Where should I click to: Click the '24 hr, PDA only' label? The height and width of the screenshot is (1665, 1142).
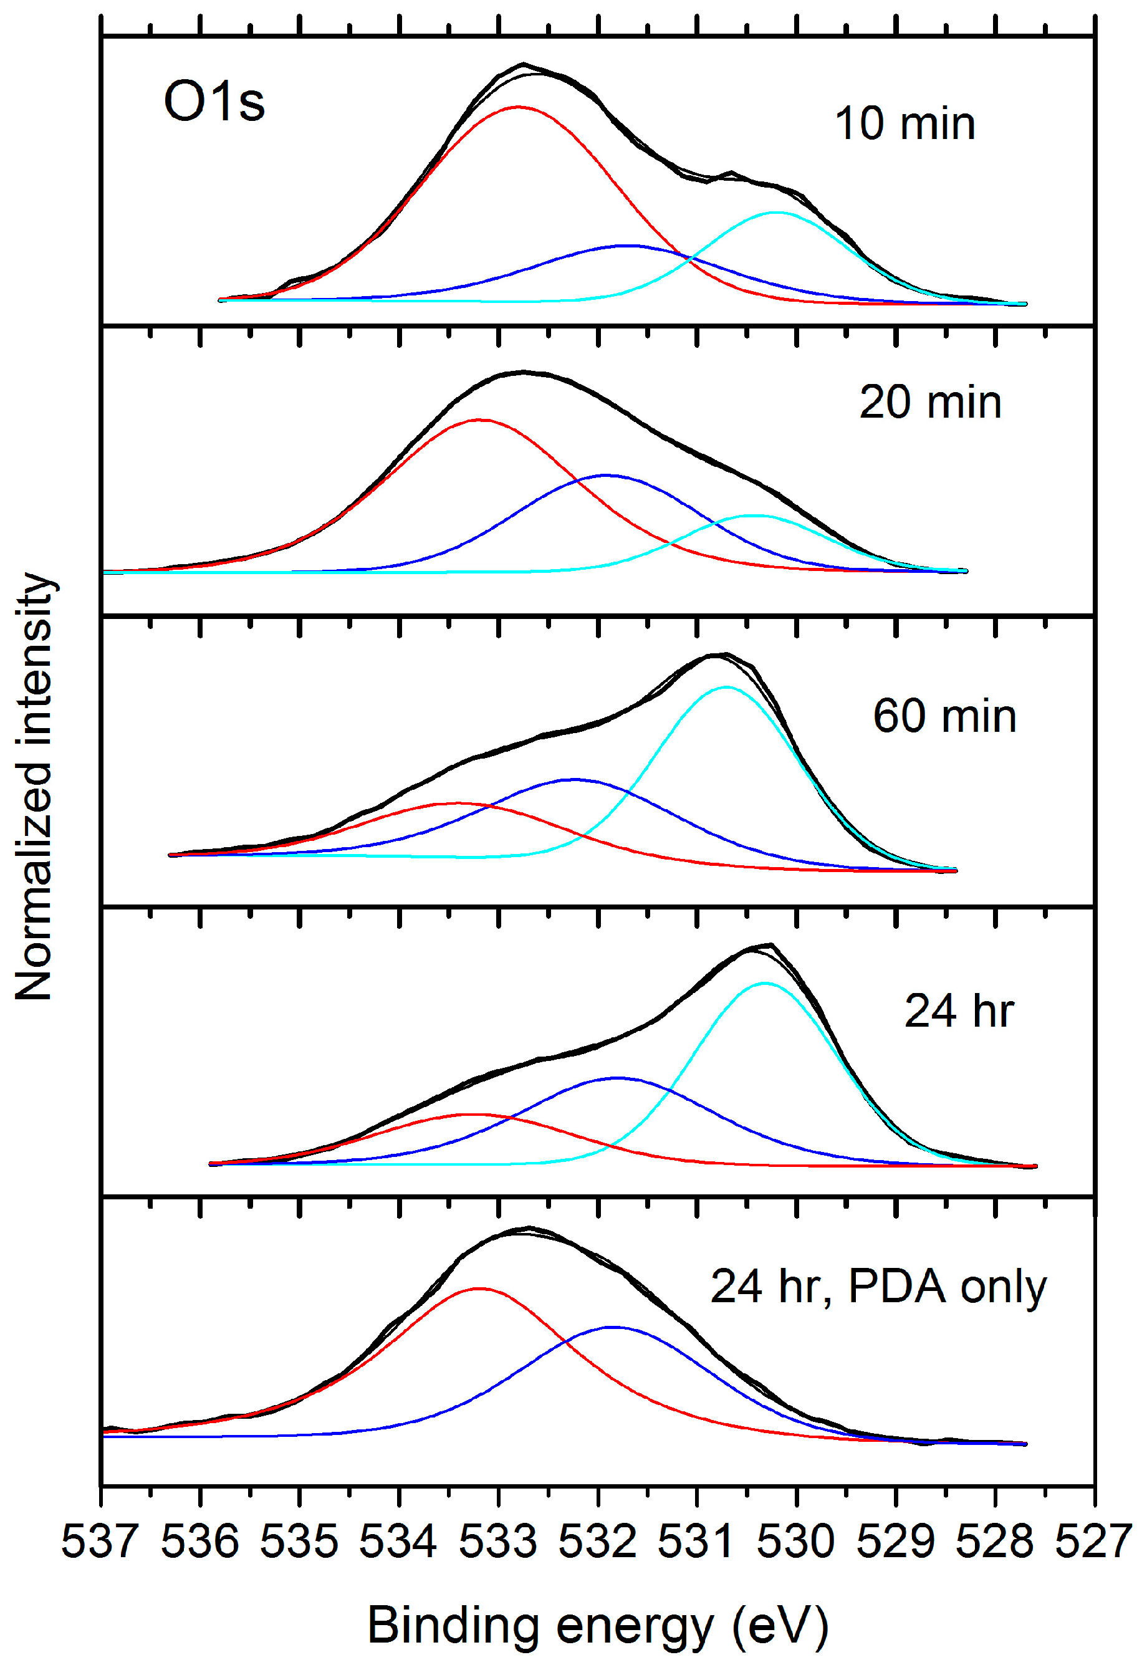(878, 1287)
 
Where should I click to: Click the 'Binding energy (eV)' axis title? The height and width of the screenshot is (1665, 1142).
(598, 1626)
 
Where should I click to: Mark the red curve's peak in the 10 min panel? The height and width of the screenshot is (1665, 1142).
(518, 107)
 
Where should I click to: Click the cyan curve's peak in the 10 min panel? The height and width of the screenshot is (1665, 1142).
(776, 212)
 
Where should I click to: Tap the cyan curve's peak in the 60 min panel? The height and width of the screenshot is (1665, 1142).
(727, 687)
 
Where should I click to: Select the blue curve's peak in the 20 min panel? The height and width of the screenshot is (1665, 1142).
(606, 474)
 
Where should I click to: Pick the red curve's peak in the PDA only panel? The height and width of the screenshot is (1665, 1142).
(479, 1288)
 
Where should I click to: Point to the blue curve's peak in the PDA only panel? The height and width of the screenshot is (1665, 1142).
(613, 1327)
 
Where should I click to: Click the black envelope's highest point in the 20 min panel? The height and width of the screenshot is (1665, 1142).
(524, 372)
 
